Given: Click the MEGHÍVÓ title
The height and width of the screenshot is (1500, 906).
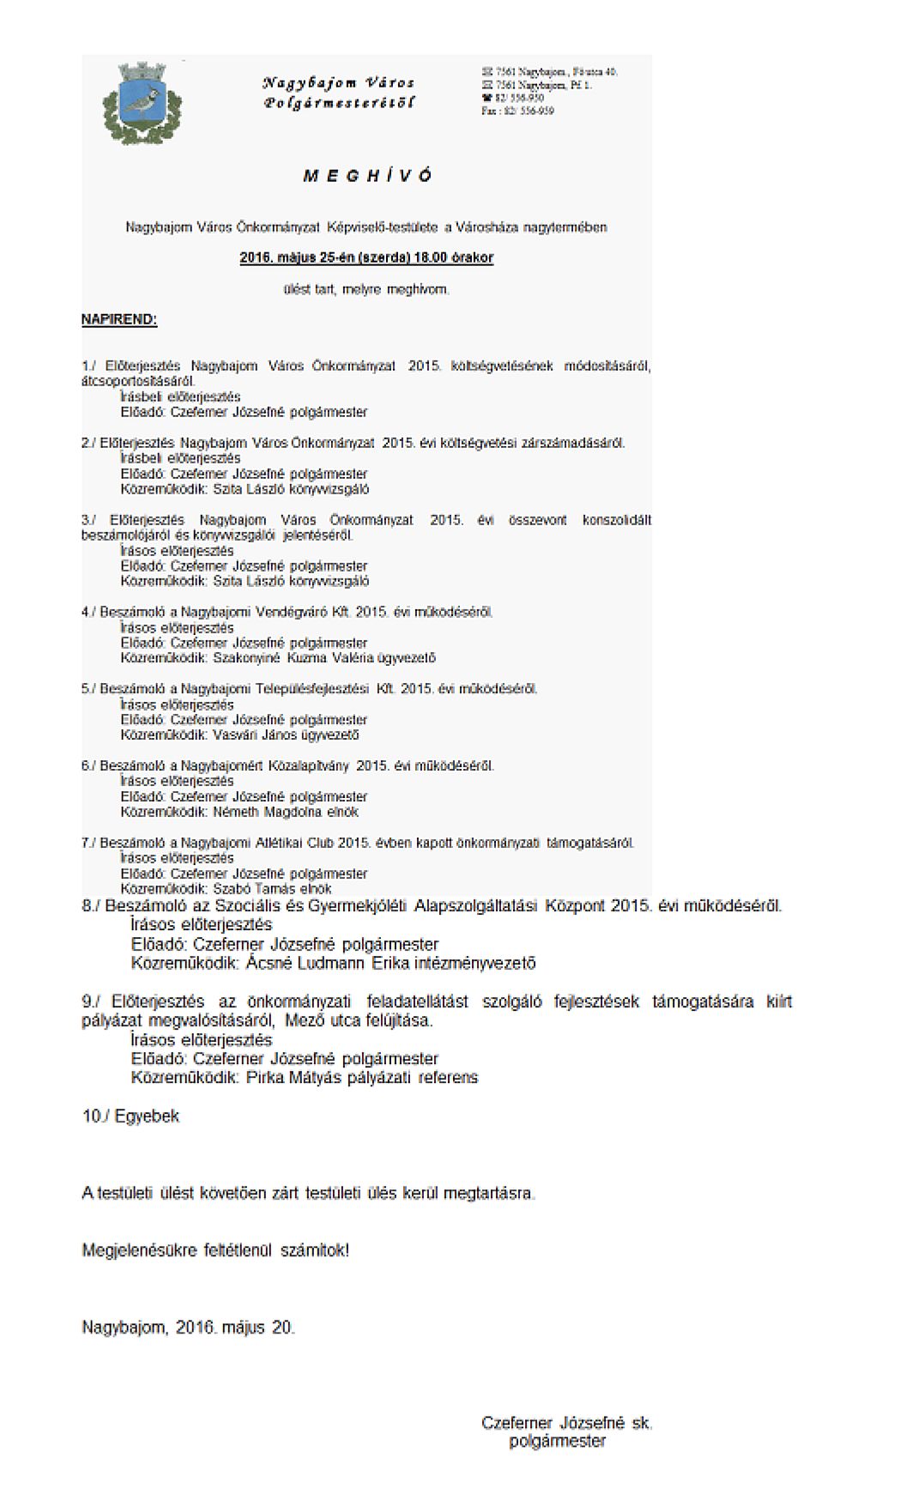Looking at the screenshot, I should coord(367,176).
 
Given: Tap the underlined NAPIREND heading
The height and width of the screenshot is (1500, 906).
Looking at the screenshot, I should coord(119,320).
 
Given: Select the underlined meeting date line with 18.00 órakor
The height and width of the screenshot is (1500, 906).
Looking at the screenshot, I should coord(366,257).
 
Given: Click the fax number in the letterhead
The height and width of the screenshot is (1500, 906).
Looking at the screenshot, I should coord(517,112).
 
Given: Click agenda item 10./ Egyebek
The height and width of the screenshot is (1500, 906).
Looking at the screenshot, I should coord(131,1116).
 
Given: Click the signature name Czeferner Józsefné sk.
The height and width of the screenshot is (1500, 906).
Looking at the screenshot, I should coord(566,1423).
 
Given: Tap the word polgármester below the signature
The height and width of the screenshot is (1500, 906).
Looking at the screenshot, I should coord(558,1442).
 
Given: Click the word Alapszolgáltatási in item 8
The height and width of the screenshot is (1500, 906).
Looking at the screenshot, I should coord(476,906).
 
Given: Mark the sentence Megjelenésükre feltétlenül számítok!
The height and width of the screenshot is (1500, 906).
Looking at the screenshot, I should coord(215,1250).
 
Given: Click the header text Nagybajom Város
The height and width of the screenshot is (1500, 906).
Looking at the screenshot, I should coord(338,83).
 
